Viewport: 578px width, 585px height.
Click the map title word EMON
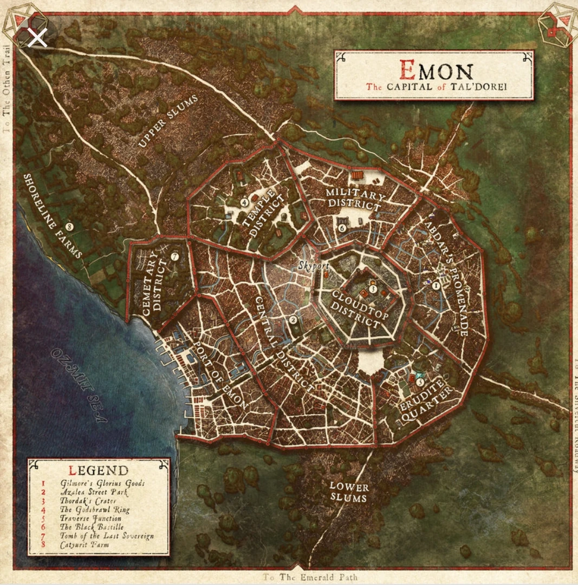436,70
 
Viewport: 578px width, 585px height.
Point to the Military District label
354,200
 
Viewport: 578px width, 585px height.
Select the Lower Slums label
349,492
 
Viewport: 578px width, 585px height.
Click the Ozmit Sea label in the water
79,384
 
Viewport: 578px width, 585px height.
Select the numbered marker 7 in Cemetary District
175,257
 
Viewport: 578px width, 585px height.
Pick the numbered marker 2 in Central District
293,320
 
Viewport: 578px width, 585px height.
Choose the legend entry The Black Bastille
92,527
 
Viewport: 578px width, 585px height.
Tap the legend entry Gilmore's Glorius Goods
102,483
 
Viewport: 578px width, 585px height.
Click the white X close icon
37,38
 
